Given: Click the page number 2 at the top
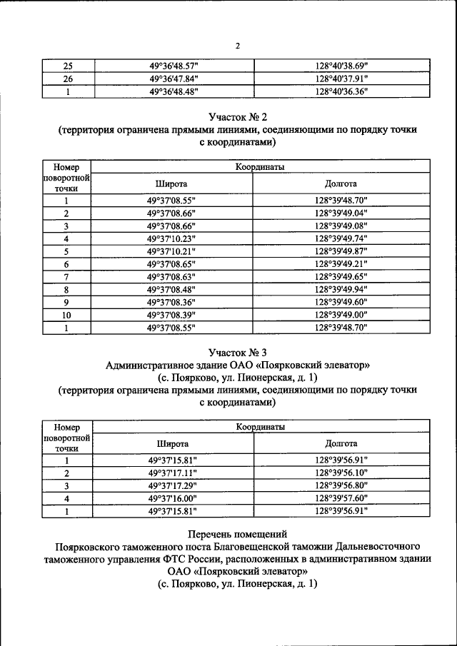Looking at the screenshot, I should click(x=238, y=46).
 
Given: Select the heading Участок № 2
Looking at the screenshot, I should click(x=238, y=116).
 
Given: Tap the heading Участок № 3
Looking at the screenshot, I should click(x=238, y=352).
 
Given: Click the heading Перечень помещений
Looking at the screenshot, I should click(x=238, y=533).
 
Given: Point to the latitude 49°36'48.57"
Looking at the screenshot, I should click(x=173, y=66).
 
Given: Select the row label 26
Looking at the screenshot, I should click(x=67, y=79).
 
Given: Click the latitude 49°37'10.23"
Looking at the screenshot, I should click(x=171, y=238).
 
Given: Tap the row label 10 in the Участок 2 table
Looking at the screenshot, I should click(x=66, y=315).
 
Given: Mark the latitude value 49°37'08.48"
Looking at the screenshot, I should click(x=171, y=290).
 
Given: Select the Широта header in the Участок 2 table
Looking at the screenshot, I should click(x=171, y=183).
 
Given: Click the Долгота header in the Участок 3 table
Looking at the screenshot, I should click(x=341, y=443).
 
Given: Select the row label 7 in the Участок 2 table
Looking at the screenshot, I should click(x=66, y=277).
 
